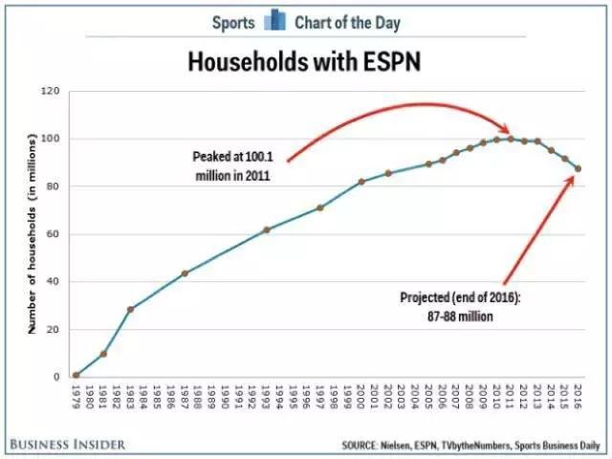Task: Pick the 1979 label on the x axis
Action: [x=76, y=396]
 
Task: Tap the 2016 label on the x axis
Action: [x=579, y=396]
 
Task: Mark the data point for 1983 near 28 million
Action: [x=130, y=309]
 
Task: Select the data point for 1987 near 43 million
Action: [x=185, y=273]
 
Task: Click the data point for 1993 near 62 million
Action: [x=266, y=229]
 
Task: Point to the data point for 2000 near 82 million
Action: [x=361, y=182]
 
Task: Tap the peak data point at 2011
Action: [x=511, y=139]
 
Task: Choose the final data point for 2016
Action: [x=579, y=169]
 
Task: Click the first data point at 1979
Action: [x=76, y=375]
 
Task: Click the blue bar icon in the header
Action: [x=274, y=20]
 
